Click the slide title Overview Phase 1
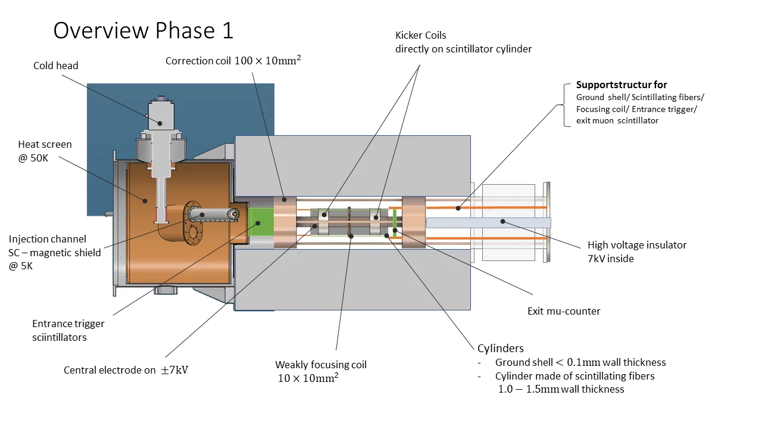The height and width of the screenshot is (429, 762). click(x=143, y=30)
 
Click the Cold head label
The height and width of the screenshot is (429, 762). click(x=55, y=66)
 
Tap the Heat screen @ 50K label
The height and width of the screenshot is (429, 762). click(x=45, y=150)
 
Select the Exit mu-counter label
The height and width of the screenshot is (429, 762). click(x=564, y=311)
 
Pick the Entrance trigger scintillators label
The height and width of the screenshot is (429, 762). click(x=68, y=330)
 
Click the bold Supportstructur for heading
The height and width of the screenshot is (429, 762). click(x=622, y=85)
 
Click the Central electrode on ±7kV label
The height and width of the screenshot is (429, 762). click(x=126, y=370)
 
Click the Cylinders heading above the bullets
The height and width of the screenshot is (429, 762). click(x=500, y=348)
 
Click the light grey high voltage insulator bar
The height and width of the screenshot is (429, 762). click(x=488, y=222)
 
